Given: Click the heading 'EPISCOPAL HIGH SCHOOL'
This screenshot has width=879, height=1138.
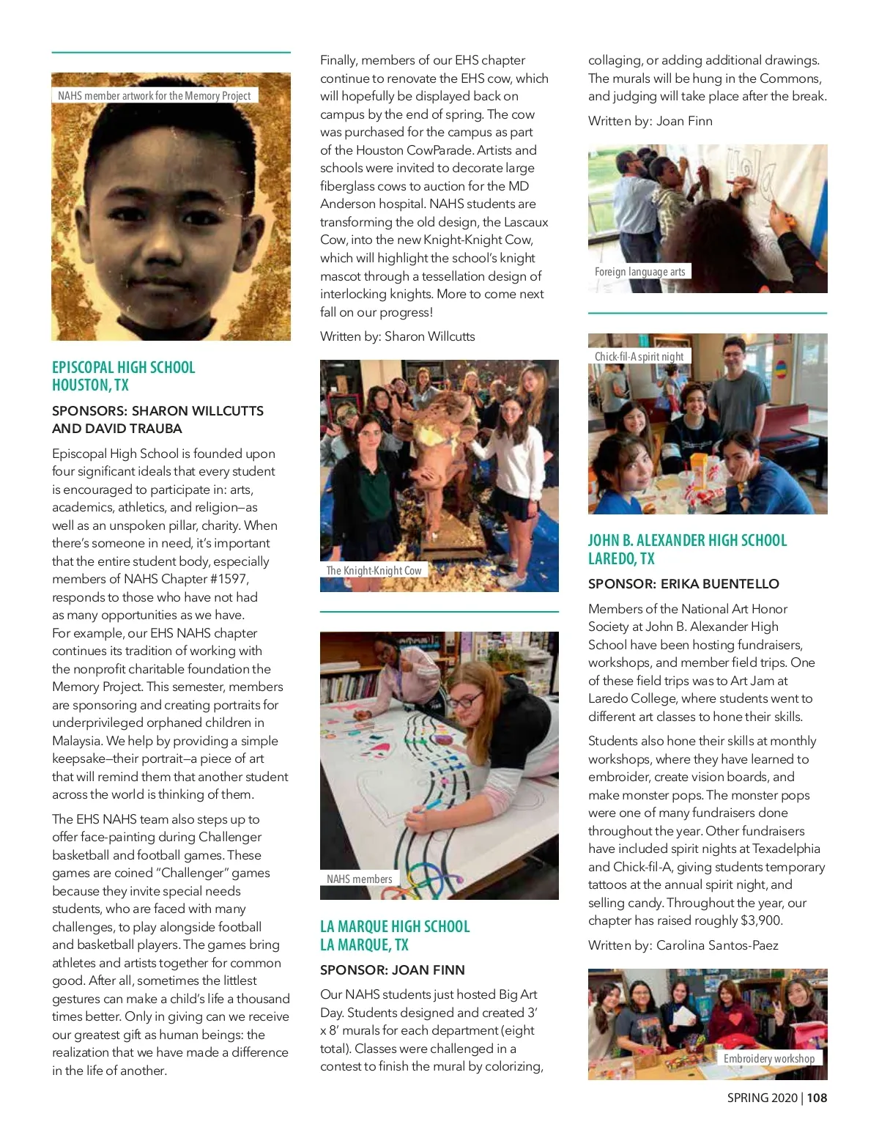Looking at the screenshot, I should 124,367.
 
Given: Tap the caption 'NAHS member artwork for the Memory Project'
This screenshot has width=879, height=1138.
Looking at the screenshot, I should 155,95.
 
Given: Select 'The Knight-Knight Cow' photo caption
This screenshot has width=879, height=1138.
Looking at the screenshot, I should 374,570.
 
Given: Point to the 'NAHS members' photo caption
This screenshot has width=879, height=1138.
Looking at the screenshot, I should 360,879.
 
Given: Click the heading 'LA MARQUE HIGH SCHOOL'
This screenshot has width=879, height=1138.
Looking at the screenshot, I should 395,926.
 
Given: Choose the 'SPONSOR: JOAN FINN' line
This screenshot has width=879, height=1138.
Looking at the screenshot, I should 393,969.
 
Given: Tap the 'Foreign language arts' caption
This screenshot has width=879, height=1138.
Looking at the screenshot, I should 639,271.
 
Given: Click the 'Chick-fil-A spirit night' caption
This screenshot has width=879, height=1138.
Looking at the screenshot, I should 639,356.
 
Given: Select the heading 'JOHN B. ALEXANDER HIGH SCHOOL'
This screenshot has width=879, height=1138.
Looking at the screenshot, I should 687,540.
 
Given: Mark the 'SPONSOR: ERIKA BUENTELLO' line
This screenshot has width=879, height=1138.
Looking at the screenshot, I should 683,583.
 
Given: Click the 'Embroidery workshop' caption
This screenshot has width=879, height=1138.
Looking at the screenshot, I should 769,1058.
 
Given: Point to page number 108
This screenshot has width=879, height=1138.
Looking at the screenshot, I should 817,1097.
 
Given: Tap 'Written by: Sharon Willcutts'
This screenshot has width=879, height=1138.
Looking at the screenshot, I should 398,336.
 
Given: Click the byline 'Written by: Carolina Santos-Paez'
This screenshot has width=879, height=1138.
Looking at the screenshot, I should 683,945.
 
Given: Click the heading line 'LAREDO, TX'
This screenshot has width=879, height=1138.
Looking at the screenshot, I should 621,558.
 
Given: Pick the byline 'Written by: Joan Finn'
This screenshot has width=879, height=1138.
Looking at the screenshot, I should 650,121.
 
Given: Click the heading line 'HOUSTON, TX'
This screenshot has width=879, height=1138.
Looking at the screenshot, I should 90,385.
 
